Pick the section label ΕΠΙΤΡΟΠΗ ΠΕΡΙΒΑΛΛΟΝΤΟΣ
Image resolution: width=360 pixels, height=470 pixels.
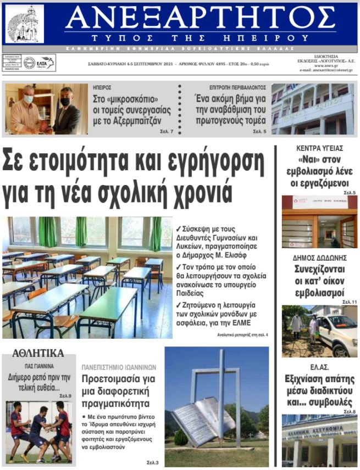coord(237,87)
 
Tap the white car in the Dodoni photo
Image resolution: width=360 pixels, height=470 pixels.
coord(336,333)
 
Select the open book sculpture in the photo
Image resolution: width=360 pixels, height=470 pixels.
coord(196,421)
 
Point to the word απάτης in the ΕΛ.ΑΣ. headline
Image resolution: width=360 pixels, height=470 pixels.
coord(340,379)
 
